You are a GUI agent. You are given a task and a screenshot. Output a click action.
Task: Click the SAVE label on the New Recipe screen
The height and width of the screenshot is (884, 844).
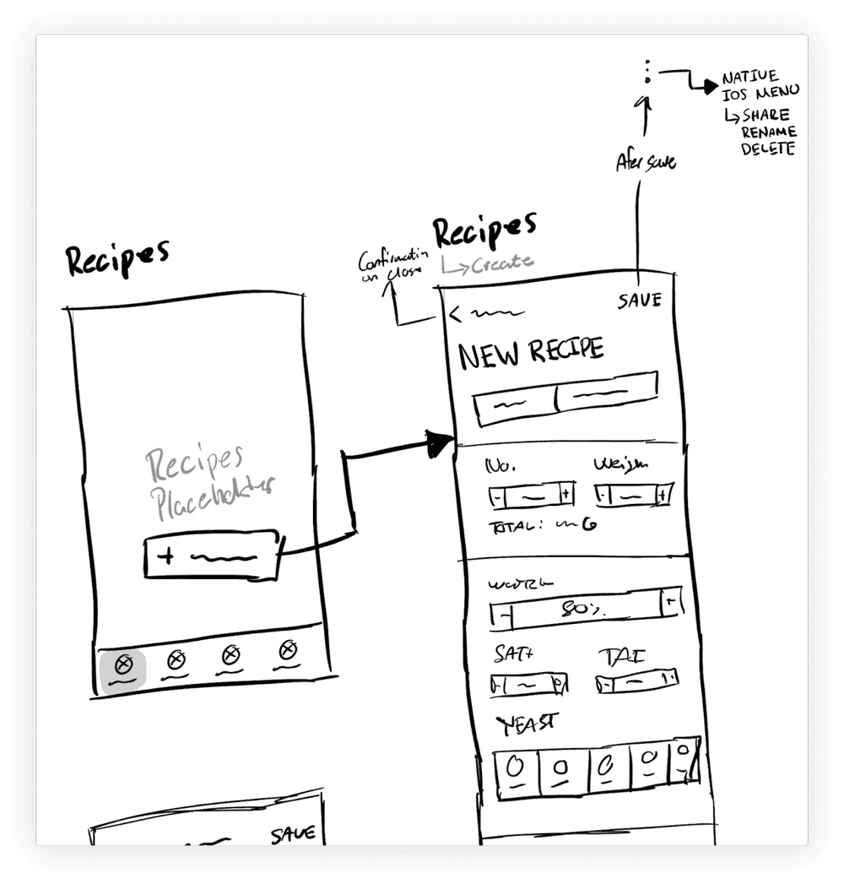640,301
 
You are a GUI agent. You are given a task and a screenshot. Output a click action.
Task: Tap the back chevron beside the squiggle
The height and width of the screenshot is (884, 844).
456,315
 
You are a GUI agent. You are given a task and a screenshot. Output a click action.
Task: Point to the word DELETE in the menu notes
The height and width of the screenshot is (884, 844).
768,149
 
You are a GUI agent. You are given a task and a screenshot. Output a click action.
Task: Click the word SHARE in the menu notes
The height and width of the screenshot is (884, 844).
766,115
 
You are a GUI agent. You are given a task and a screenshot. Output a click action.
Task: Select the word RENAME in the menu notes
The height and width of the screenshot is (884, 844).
769,132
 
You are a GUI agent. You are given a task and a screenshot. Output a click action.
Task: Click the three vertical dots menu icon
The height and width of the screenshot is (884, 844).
647,71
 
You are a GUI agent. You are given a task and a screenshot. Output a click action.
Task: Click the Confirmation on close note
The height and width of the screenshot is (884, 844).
392,268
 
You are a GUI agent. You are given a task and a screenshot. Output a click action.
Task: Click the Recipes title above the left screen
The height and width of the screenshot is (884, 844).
117,258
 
